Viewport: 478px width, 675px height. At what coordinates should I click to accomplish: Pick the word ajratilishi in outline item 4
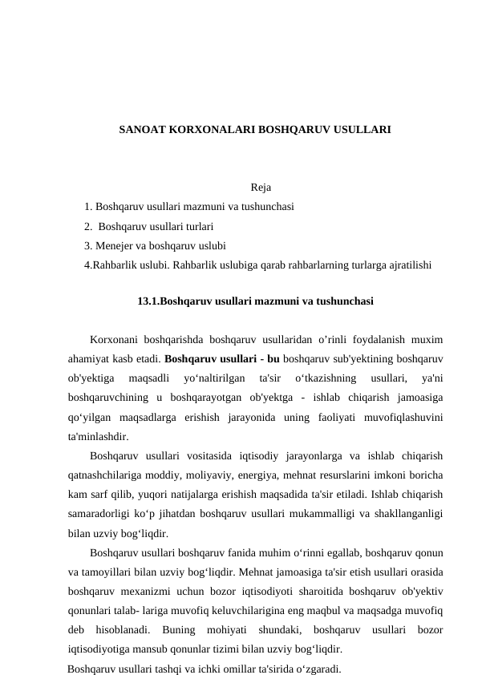click(x=410, y=264)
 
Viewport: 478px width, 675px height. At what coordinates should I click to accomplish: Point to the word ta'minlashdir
click(x=97, y=437)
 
